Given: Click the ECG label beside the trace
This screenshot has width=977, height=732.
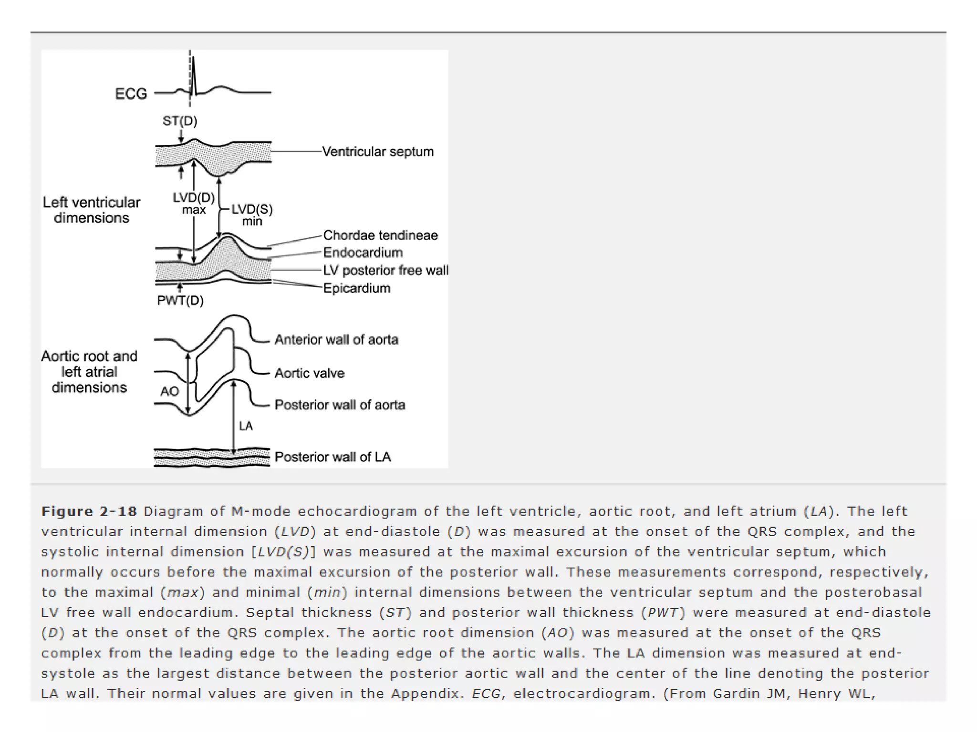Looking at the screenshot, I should [x=131, y=94].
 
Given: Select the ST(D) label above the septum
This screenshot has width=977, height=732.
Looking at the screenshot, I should [x=180, y=121].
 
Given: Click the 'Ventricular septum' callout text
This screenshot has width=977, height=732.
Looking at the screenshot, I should [x=378, y=152].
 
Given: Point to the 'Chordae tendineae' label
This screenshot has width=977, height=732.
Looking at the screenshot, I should [x=380, y=235].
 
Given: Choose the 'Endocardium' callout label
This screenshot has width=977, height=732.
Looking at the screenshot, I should [x=363, y=253].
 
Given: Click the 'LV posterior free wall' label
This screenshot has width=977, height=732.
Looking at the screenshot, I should [x=385, y=270].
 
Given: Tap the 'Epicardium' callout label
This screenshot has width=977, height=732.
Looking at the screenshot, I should [x=357, y=288].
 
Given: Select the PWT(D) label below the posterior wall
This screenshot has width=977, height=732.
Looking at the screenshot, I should [x=180, y=301].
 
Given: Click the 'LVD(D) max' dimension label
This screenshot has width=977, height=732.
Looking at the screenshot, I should [x=194, y=203].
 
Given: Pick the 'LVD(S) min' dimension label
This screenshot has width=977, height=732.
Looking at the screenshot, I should [x=252, y=215].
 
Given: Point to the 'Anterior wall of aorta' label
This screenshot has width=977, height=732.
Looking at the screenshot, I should [x=336, y=340].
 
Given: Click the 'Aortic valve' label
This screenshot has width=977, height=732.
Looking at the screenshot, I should [x=310, y=373].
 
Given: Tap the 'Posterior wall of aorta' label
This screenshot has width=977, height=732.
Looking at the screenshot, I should [x=340, y=405].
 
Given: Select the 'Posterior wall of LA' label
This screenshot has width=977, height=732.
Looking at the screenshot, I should [x=333, y=457].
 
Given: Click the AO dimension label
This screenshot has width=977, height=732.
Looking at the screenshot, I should [x=170, y=392].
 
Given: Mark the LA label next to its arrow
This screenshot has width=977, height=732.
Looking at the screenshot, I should [x=246, y=426].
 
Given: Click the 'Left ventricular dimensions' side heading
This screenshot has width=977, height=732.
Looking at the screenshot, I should [x=92, y=210].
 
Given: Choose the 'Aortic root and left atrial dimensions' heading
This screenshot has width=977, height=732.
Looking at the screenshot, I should [x=89, y=372].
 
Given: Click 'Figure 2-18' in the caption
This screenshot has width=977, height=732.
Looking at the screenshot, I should [x=89, y=511].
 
